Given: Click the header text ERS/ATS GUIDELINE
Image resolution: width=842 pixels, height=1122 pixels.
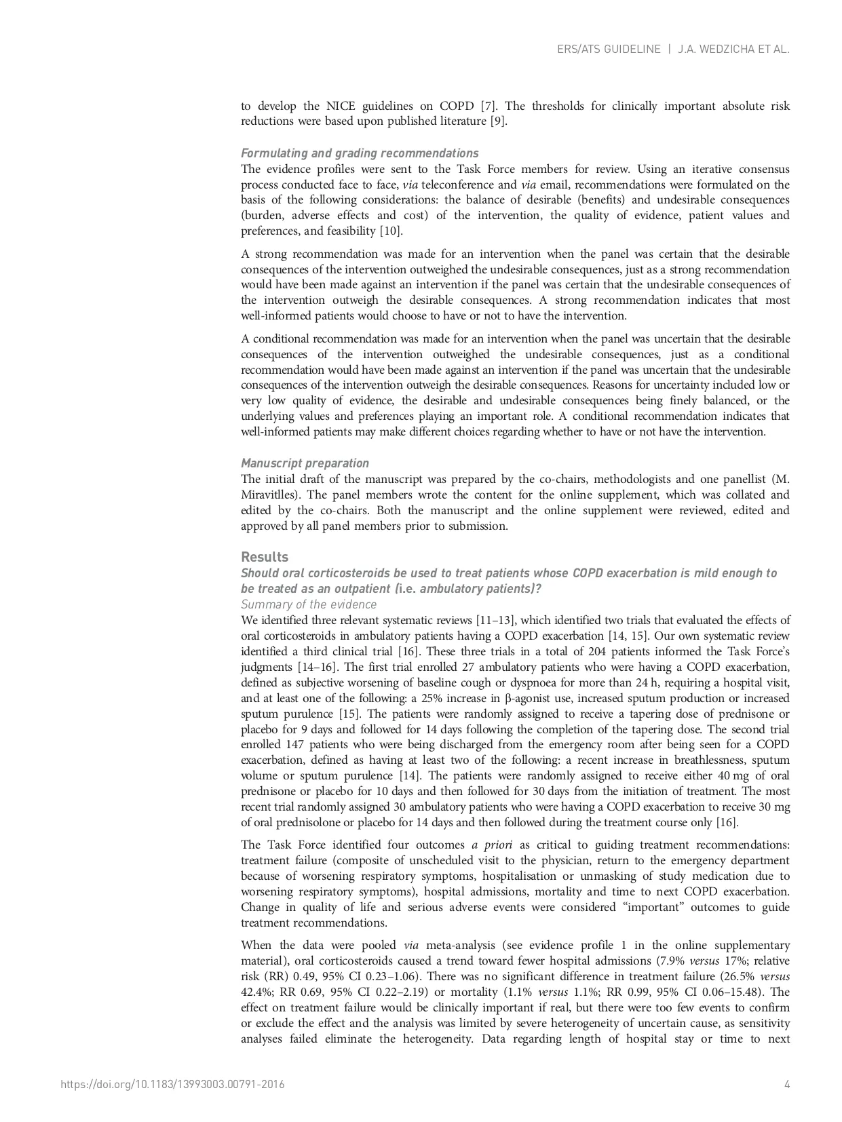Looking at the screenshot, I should coord(608,50).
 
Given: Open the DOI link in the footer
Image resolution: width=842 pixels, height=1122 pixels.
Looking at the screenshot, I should coord(172,1084).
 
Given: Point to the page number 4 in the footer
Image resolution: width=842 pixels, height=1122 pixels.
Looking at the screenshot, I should coord(787,1084).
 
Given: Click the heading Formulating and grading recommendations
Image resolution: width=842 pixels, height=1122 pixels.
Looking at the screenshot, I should coord(360,153).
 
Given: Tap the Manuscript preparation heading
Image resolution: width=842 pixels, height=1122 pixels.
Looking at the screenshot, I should coord(305,463).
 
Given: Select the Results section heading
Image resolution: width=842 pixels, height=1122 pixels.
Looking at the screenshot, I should coord(265,557).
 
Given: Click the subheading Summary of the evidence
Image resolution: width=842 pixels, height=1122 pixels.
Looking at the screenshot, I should coord(309,604).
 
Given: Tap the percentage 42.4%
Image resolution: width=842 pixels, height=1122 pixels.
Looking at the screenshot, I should coord(256,992).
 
